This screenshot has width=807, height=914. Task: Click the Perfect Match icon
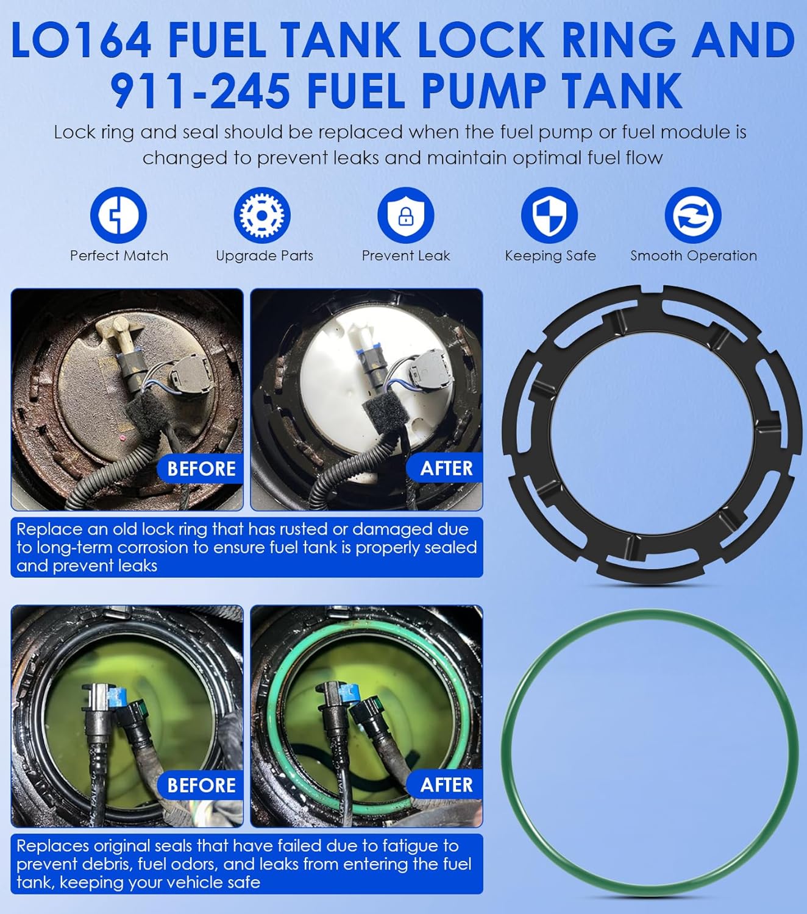tap(118, 215)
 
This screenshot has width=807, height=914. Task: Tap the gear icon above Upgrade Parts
tap(262, 215)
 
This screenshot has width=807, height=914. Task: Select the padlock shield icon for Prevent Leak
tap(406, 215)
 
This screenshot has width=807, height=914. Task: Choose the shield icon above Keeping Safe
tap(549, 215)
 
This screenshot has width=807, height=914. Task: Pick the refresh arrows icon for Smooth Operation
tap(693, 215)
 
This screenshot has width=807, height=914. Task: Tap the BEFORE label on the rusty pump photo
tap(201, 469)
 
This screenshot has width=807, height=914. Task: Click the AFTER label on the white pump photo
tap(446, 469)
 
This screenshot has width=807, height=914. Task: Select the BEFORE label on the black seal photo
tap(201, 785)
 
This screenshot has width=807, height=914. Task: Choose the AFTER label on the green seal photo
tap(446, 785)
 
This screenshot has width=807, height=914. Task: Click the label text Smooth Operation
tap(694, 256)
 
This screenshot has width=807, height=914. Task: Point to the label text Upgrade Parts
tap(265, 256)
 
